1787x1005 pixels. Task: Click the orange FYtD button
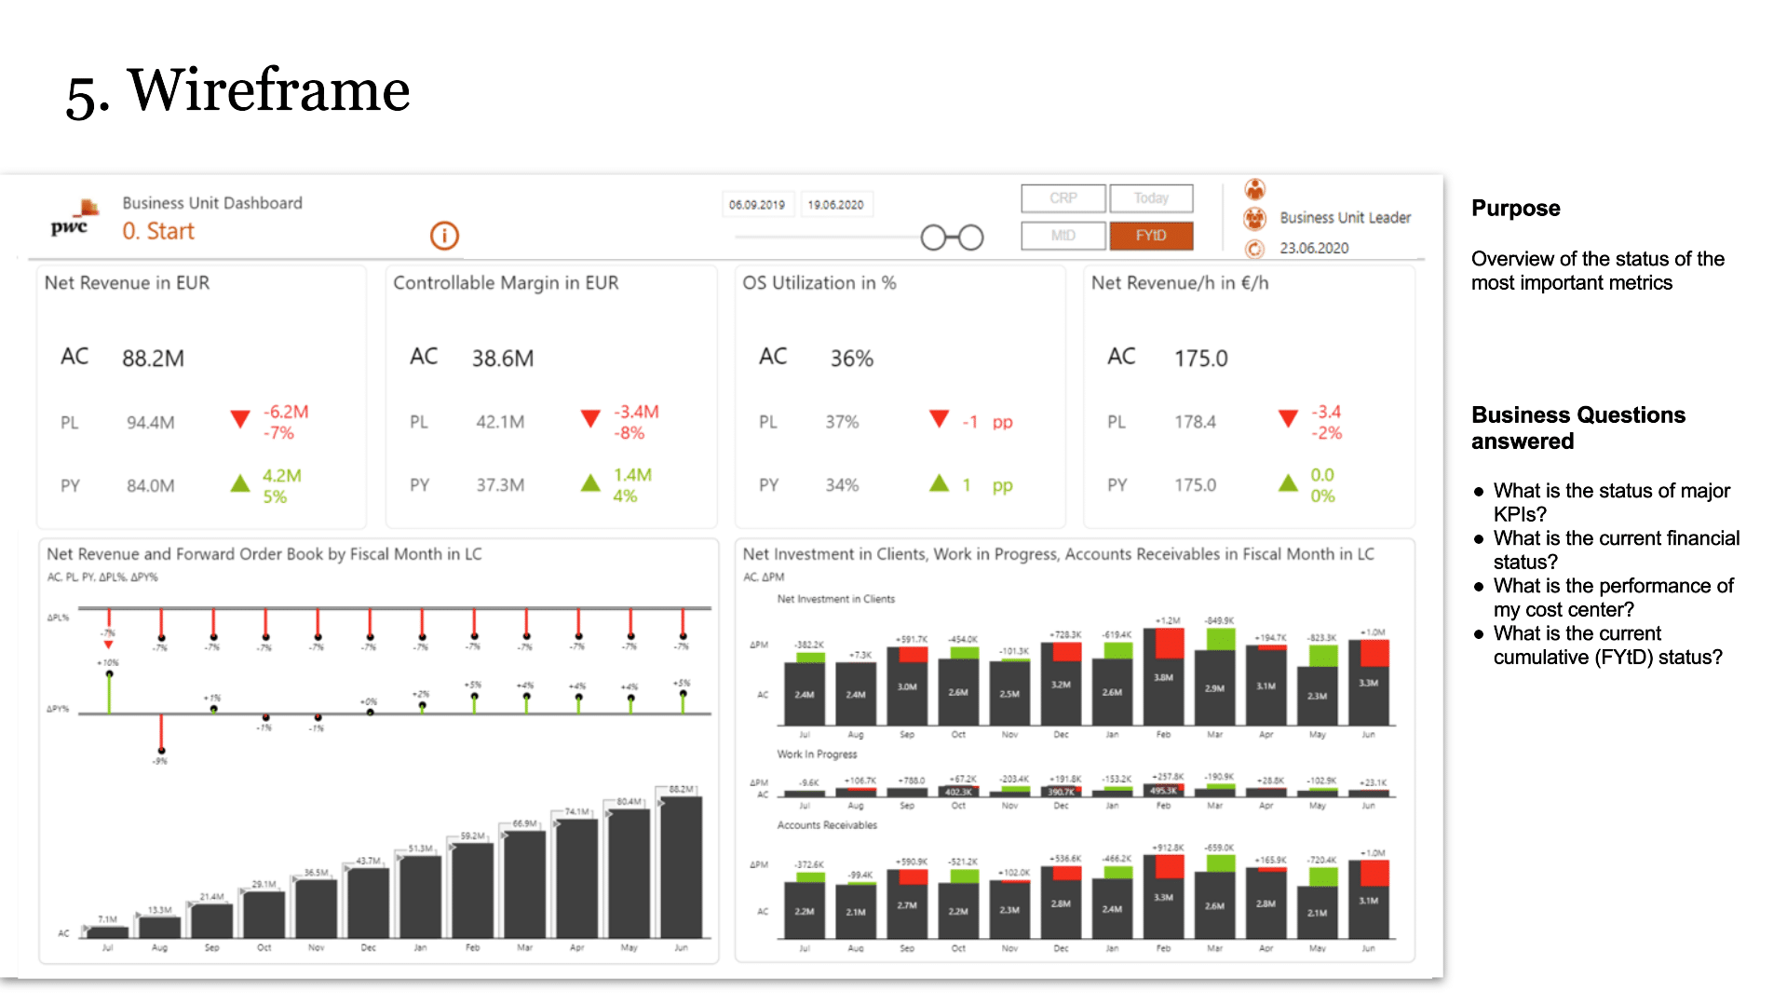click(1151, 236)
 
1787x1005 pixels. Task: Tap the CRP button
click(1063, 198)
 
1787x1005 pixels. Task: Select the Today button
click(1151, 198)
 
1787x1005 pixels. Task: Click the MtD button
click(1063, 236)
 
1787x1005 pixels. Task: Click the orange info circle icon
click(444, 236)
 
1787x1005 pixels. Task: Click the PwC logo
click(73, 220)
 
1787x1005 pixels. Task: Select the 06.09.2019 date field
click(757, 205)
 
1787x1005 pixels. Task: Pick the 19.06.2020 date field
click(835, 205)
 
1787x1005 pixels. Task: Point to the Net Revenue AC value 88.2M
click(153, 359)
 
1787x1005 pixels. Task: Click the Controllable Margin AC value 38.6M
click(503, 359)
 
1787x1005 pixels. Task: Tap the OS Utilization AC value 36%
click(851, 359)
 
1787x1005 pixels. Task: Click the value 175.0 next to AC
click(1200, 359)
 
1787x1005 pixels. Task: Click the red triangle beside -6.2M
click(240, 419)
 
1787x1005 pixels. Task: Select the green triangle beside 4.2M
click(240, 482)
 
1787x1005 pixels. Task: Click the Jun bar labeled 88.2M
click(682, 866)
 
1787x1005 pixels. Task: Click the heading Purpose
click(1515, 209)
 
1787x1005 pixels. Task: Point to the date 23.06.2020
click(1313, 249)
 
